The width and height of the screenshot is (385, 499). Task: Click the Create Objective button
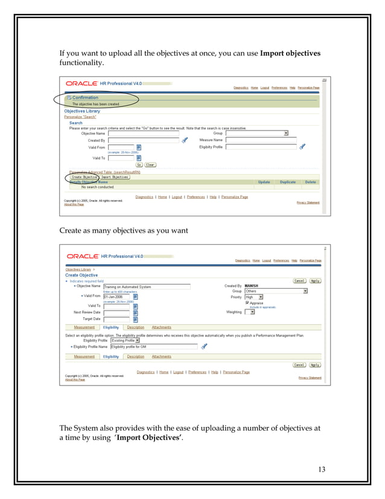coord(84,177)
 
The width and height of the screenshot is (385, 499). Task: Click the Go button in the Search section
coord(138,164)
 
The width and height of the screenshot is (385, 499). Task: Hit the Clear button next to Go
coord(150,164)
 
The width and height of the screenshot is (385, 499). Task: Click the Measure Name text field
coord(252,140)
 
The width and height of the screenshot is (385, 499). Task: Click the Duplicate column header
coord(288,182)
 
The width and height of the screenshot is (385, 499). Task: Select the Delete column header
coord(310,182)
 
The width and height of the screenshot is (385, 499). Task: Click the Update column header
coord(264,182)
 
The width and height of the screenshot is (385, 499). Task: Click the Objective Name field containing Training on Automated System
coord(147,286)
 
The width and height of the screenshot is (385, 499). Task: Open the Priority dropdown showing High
coord(253,297)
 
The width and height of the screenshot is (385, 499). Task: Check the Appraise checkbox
coord(247,303)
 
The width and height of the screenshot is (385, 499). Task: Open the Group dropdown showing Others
coord(276,291)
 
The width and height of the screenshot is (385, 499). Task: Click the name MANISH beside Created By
coord(252,286)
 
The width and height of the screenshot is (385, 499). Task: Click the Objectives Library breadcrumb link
coord(78,269)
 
